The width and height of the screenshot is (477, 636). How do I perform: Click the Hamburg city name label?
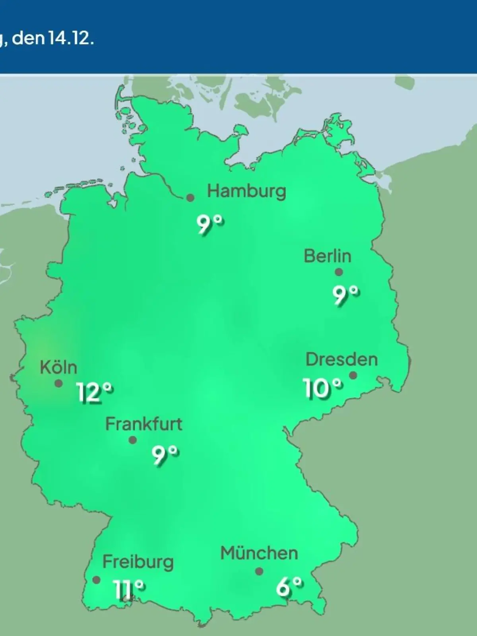tap(246, 192)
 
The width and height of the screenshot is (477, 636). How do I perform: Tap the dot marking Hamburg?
tap(190, 198)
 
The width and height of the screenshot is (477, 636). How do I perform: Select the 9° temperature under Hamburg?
tap(210, 225)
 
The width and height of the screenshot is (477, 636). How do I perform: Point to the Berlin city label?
tap(328, 256)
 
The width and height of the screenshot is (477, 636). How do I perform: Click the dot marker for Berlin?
tap(339, 272)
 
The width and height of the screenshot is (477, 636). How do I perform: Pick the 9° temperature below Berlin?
tap(346, 295)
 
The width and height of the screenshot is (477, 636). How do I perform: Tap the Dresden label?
tap(341, 360)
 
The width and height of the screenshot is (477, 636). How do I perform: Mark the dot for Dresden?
tap(353, 375)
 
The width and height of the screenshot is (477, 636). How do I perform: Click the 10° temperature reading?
tap(322, 388)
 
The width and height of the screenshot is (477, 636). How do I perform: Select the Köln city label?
tap(58, 368)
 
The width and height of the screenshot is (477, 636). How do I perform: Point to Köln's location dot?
tap(58, 384)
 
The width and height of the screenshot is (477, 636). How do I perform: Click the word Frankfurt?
tap(143, 424)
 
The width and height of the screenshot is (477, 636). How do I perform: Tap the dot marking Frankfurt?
tap(133, 440)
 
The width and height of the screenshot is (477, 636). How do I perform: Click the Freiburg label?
tap(138, 562)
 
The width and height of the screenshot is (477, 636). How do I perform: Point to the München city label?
tap(259, 553)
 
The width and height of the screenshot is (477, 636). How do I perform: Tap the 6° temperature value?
tap(289, 587)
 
